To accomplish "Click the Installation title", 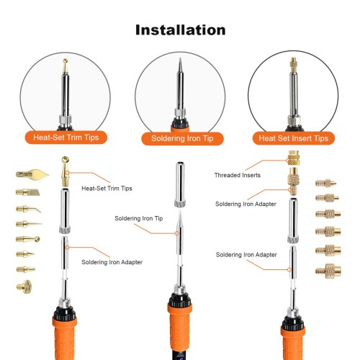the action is click(181, 30).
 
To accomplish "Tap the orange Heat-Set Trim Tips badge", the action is click(66, 138).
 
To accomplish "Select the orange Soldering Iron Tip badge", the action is click(182, 138).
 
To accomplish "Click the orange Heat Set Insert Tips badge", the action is click(293, 138).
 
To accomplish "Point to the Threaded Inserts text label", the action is click(238, 175).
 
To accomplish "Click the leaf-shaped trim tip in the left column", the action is click(32, 174).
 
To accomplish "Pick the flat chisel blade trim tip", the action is click(28, 192).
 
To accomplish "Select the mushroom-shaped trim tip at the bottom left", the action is click(24, 287).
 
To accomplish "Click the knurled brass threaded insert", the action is click(294, 158).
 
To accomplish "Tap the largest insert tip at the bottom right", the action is click(328, 271).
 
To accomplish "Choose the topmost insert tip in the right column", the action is click(325, 184).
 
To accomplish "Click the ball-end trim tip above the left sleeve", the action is click(66, 171).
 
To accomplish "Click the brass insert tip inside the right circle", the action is click(294, 66).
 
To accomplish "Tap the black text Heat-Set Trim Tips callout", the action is click(107, 189).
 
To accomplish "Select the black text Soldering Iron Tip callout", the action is click(139, 218).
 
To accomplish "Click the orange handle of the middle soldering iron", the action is click(179, 331).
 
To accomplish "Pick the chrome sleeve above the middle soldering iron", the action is click(180, 184).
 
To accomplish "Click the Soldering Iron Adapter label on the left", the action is click(112, 262).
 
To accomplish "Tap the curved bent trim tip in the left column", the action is click(29, 209).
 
